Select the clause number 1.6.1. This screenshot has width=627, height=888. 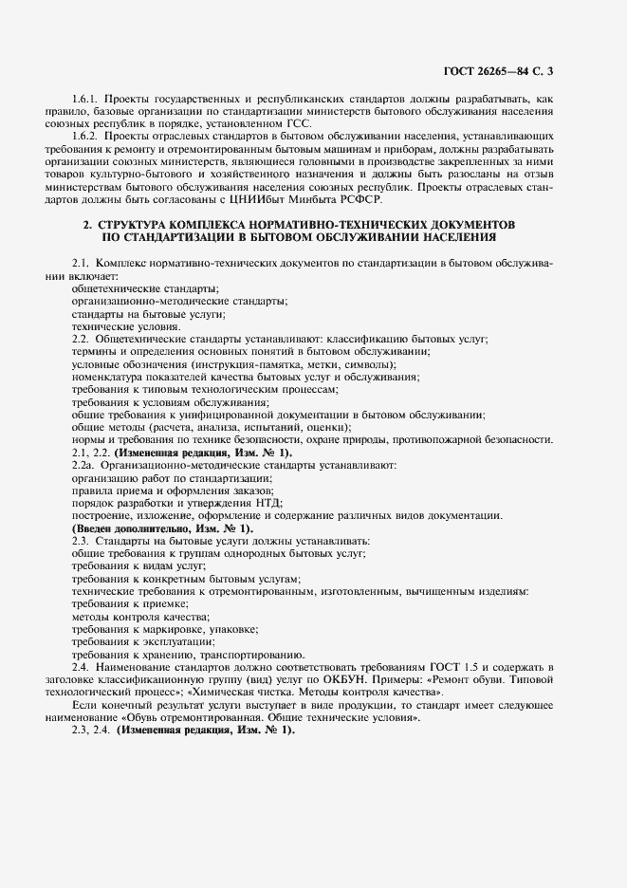click(86, 99)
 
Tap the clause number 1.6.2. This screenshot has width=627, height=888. click(86, 136)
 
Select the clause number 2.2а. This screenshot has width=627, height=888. click(84, 465)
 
